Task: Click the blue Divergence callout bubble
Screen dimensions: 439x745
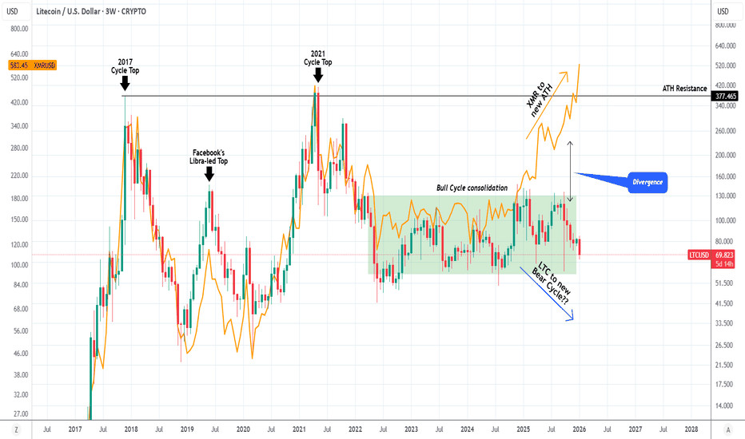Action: [x=647, y=182]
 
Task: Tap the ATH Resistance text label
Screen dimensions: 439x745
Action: [x=684, y=89]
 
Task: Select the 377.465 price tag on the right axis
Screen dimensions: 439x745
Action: [x=726, y=95]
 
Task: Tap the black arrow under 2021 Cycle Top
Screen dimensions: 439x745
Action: [x=317, y=74]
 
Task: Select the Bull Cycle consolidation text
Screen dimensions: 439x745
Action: [x=472, y=188]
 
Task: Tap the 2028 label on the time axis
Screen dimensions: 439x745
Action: [x=691, y=429]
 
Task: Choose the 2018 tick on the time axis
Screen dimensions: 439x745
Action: [x=132, y=429]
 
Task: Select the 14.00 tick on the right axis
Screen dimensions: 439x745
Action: [x=723, y=405]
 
